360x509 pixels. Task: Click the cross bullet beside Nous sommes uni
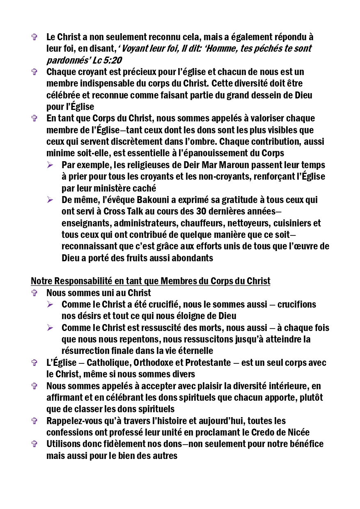point(34,293)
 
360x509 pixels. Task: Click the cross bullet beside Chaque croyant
point(34,72)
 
